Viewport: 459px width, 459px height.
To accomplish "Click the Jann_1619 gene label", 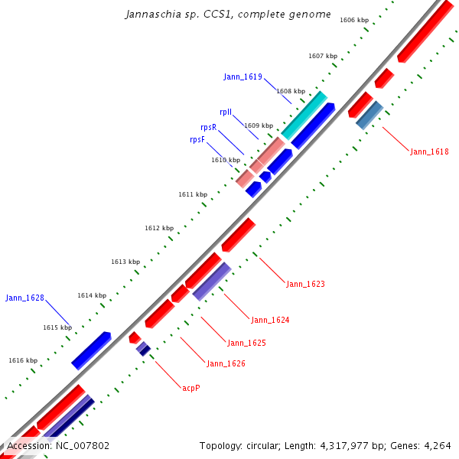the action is tap(243, 76).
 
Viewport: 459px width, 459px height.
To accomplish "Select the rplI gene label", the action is tap(226, 112).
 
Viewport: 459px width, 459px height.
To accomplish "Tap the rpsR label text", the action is tap(208, 127).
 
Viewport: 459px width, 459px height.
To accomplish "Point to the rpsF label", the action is tap(197, 140).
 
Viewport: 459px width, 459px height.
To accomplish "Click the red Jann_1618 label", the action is tap(429, 151).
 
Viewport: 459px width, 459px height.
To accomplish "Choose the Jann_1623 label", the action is tap(305, 284).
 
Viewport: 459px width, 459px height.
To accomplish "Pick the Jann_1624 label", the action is tap(270, 320).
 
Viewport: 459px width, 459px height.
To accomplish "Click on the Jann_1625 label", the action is tap(246, 343).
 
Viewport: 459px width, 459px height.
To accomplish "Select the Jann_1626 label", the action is tap(226, 363).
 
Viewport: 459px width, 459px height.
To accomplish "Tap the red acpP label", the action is tap(191, 388).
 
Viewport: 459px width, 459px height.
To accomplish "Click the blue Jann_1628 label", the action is tap(24, 298).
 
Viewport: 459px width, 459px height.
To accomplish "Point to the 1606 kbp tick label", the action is tap(354, 20).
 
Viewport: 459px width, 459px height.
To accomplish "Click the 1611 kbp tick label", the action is tap(193, 194).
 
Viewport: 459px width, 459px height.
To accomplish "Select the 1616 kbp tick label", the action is tap(23, 360).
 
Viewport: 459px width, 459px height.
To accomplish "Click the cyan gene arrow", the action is tap(304, 115).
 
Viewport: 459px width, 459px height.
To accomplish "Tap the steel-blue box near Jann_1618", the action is tap(369, 116).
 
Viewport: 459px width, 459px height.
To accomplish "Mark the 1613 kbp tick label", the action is tap(125, 262).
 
